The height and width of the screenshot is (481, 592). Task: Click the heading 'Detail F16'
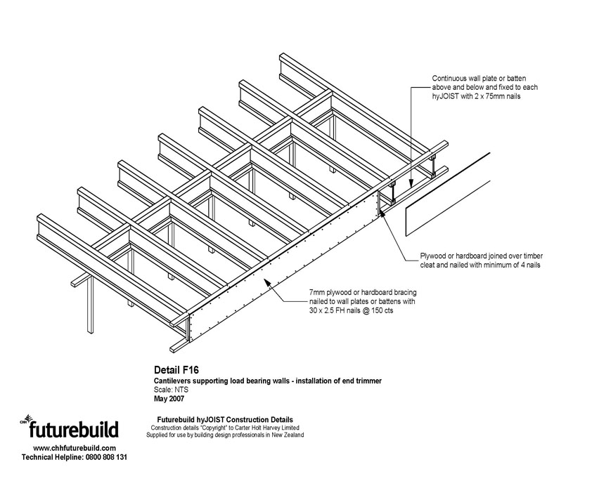(x=176, y=368)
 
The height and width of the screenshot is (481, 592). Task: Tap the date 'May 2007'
(x=169, y=399)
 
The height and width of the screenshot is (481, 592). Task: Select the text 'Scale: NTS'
(x=170, y=390)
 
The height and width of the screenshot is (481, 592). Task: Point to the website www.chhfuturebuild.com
(x=75, y=447)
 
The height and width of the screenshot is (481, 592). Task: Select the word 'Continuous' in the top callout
(x=450, y=79)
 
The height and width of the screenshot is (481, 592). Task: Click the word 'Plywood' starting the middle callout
(x=436, y=256)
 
